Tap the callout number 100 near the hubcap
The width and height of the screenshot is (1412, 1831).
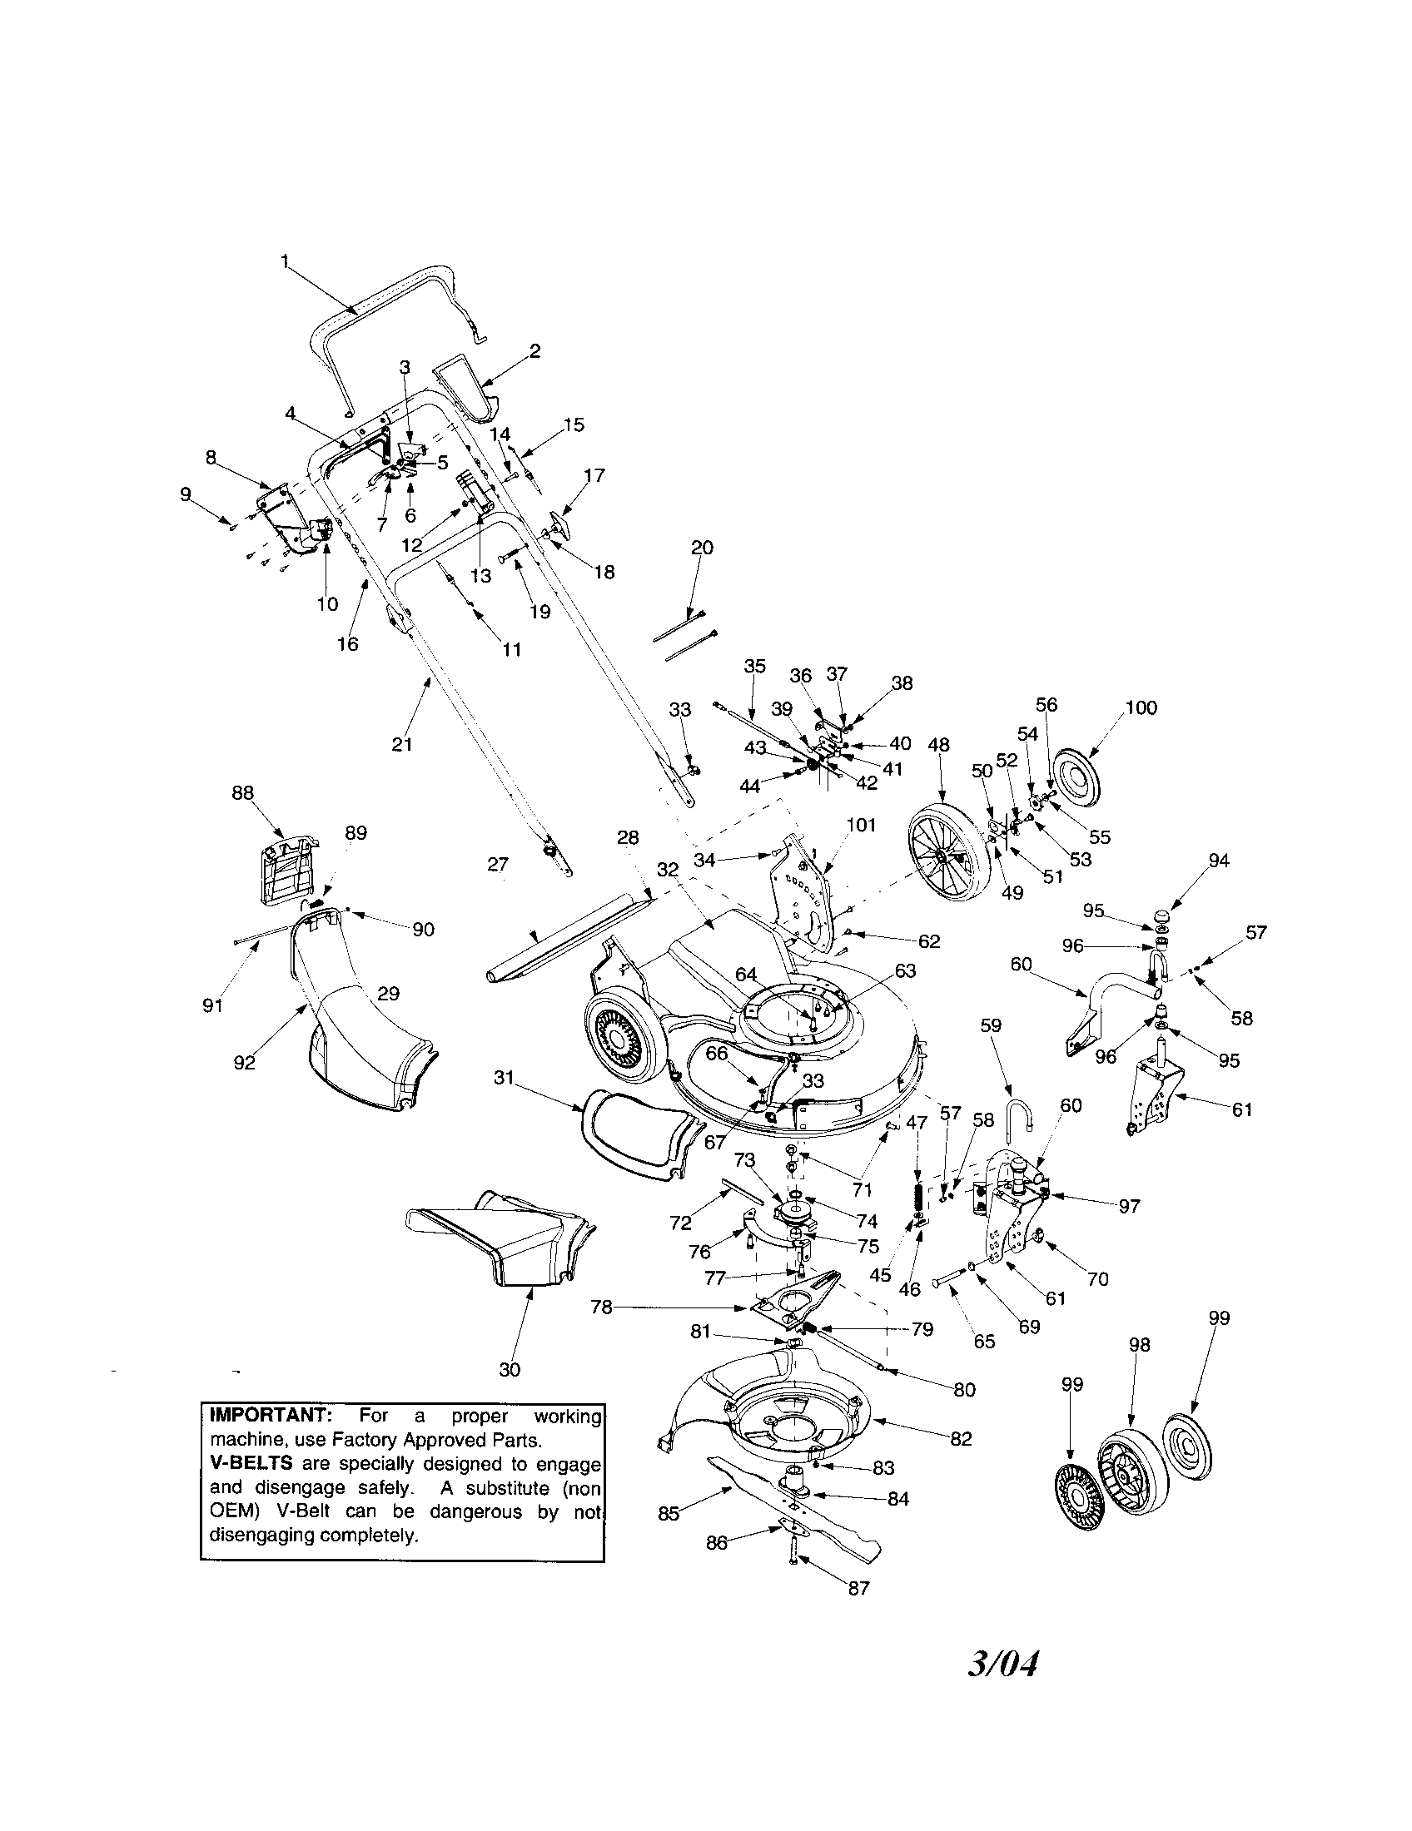1141,707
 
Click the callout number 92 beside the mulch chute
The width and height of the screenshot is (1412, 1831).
244,1062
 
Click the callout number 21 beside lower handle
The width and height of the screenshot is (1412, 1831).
401,743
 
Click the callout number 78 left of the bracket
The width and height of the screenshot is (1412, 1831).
601,1307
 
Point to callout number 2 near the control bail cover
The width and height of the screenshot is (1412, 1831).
534,350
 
